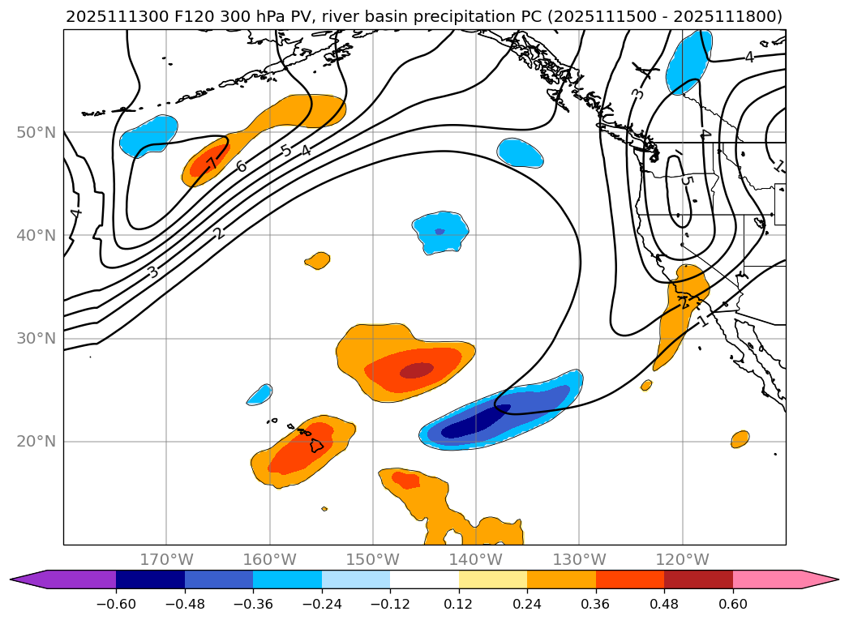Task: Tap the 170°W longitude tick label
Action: click(x=166, y=560)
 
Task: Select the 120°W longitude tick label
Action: click(x=682, y=560)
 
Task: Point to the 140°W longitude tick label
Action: click(x=476, y=560)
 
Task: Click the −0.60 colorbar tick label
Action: click(x=116, y=604)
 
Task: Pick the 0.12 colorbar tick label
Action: click(x=458, y=604)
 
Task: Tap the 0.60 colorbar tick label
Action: click(x=733, y=604)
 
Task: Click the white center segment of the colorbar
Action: click(x=424, y=579)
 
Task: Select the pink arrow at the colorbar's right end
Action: click(x=819, y=579)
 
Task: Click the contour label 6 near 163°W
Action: click(x=241, y=166)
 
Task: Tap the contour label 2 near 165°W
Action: click(x=218, y=233)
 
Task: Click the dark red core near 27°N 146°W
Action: click(x=417, y=370)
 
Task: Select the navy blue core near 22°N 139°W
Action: click(x=475, y=421)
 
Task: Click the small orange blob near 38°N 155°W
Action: click(x=318, y=260)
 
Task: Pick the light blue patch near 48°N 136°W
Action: click(x=520, y=152)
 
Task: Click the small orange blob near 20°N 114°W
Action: click(x=740, y=439)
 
